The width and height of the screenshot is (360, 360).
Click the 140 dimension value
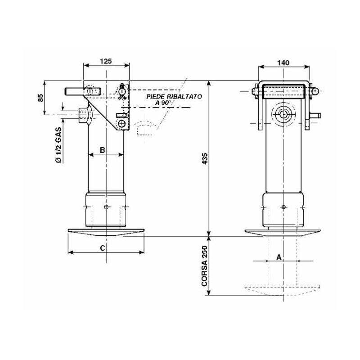tap(283, 62)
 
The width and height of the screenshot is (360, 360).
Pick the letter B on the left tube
tap(102, 150)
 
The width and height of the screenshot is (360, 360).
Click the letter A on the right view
tap(279, 257)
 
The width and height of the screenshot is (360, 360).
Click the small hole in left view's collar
tap(105, 207)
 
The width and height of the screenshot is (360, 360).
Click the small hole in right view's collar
tap(283, 207)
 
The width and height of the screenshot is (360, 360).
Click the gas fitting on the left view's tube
tap(84, 116)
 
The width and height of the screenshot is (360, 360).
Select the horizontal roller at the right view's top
tap(283, 92)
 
